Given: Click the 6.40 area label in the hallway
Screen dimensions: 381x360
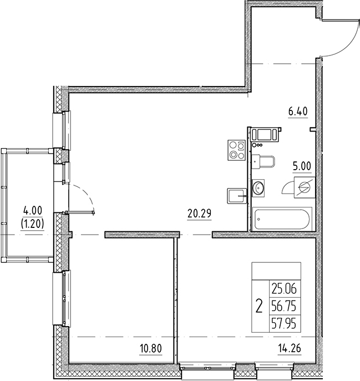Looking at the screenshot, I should [297, 110].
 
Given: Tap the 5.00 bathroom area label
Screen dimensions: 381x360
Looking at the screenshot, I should [302, 165].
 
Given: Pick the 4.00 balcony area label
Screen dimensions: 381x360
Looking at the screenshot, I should [32, 211].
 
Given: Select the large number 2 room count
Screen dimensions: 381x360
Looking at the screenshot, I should [258, 305].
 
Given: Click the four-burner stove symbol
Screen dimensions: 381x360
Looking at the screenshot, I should [237, 150].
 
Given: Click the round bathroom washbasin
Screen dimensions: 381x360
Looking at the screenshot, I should [258, 188].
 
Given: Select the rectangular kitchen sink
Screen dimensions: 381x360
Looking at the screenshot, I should [236, 195].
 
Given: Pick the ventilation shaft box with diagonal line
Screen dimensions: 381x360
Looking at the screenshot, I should [305, 186].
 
